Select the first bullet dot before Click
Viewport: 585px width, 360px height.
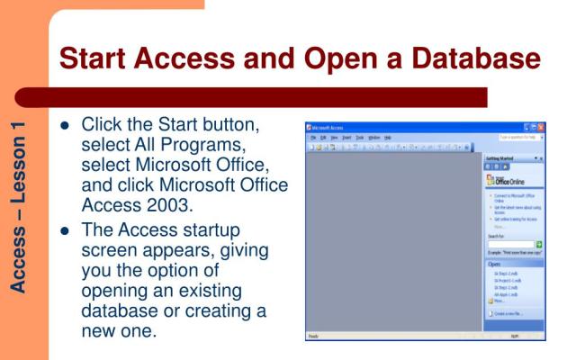coord(64,124)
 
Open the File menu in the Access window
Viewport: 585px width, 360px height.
coord(310,137)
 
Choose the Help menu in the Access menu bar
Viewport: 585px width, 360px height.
coord(387,137)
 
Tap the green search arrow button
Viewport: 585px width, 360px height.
coord(539,244)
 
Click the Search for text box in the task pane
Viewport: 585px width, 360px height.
coord(510,244)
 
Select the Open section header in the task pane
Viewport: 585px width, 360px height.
coord(495,264)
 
